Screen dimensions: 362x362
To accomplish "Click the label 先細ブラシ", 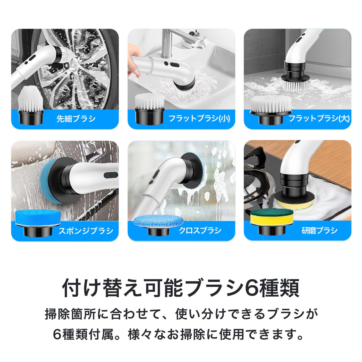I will coord(76,118).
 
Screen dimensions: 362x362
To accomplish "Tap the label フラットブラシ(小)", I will coord(199,118).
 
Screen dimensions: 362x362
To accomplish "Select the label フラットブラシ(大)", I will coord(319,118).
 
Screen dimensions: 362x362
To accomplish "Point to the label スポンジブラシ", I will coord(86,230).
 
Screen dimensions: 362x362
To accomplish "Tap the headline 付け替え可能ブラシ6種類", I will coord(181,288).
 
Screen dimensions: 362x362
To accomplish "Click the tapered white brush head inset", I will coord(31,105).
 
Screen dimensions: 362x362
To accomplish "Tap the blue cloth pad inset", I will coord(158,224).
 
